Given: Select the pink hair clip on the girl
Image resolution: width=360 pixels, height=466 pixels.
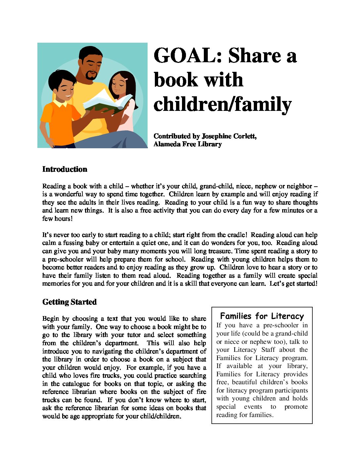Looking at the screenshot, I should (126, 80).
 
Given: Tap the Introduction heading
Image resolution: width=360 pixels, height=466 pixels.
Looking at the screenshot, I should (65, 169).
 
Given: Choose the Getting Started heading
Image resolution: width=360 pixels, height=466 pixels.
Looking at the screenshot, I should (69, 302).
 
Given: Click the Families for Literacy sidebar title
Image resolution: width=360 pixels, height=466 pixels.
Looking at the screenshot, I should (262, 316).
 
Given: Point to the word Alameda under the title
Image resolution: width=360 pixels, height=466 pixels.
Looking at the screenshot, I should (167, 144).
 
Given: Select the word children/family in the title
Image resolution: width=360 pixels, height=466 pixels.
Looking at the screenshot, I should (222, 105).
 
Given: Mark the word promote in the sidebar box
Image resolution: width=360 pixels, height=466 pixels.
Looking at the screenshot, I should (296, 406).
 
